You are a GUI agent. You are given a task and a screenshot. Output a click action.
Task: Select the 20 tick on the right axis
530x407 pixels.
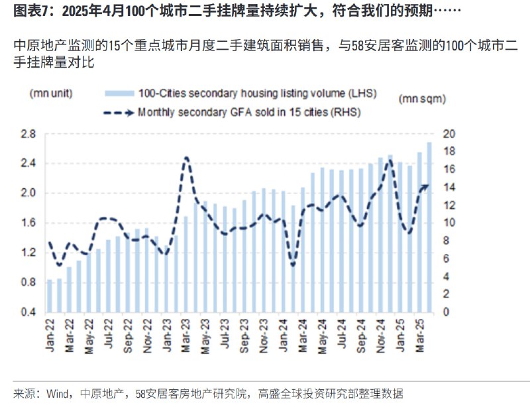tap(449, 134)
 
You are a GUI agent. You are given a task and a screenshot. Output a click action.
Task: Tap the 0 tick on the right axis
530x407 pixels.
tap(445, 312)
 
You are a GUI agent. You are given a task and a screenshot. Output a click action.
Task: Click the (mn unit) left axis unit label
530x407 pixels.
tap(50, 94)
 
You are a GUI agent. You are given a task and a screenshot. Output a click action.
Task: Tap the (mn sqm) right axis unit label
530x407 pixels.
tap(421, 98)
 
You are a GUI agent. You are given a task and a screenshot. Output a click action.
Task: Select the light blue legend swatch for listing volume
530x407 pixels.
tap(119, 94)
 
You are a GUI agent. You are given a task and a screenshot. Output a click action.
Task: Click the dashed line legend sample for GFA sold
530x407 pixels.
tap(119, 112)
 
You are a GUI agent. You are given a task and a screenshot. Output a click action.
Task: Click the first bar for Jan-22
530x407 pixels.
tap(49, 295)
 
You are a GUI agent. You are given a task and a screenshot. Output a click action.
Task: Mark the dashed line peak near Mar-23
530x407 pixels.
tap(186, 158)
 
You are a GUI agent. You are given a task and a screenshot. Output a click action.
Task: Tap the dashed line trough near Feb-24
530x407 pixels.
tap(293, 265)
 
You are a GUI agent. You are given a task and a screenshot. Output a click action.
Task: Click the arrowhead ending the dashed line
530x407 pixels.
tap(426, 186)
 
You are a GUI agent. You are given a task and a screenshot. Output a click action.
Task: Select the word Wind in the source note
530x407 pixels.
tap(56, 392)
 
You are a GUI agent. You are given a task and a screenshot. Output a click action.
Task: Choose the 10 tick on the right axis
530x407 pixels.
tap(449, 223)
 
